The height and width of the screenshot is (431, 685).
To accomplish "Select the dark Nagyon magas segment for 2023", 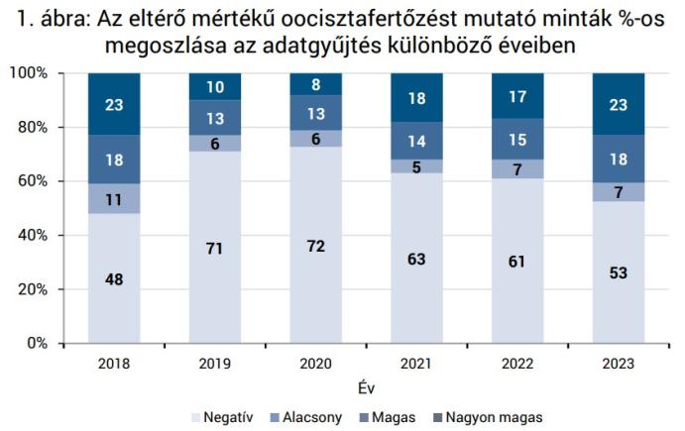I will (x=618, y=104).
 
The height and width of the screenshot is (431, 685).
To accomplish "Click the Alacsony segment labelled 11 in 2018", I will (x=113, y=198).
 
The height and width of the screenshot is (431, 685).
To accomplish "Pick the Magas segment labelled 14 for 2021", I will (x=416, y=141).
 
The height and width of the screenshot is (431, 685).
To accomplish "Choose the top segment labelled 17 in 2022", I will (x=517, y=96).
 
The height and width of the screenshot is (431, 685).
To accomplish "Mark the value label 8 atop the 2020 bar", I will (x=315, y=84).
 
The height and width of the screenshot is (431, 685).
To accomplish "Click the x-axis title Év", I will (x=366, y=385).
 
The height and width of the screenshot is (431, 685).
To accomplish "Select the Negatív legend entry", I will (x=223, y=416).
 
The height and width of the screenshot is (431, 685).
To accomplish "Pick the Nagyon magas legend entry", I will (x=493, y=416).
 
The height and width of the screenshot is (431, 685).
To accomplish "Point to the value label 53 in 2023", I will (x=618, y=271).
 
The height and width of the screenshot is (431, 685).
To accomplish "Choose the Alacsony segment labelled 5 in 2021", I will (x=416, y=166).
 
